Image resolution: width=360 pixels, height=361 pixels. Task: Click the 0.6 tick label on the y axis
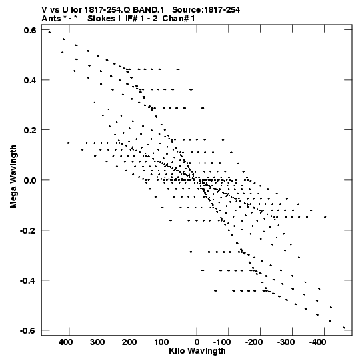click(30, 30)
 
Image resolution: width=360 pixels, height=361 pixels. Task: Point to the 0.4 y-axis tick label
click(30, 80)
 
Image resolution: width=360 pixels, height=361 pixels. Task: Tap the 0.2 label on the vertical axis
click(30, 130)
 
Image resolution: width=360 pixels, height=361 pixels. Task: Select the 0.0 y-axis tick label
click(30, 180)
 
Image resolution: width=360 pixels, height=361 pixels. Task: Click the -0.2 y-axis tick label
click(28, 230)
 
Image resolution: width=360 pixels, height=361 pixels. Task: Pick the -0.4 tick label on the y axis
click(28, 280)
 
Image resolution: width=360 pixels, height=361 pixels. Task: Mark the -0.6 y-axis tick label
click(28, 330)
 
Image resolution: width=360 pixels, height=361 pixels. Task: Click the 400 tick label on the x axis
click(66, 342)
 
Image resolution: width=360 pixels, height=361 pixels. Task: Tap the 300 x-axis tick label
click(97, 342)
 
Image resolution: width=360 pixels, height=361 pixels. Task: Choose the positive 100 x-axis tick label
click(161, 342)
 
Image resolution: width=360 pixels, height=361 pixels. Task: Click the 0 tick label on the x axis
click(197, 342)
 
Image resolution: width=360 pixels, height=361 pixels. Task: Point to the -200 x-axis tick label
click(254, 342)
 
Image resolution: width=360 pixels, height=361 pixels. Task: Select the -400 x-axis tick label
click(318, 342)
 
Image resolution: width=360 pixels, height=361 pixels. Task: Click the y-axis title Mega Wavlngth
click(13, 177)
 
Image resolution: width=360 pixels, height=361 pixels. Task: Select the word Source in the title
click(186, 10)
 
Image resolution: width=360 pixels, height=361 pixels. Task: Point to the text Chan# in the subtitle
click(176, 19)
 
